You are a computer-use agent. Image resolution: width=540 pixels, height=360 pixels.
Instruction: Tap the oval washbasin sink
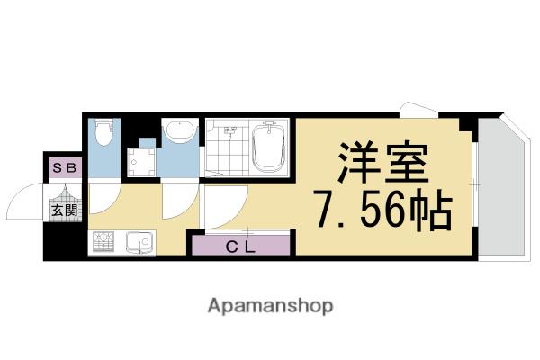click(x=180, y=130)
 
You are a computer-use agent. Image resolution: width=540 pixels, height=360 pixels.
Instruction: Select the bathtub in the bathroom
click(x=269, y=147)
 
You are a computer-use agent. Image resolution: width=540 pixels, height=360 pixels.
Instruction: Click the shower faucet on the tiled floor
click(x=230, y=131)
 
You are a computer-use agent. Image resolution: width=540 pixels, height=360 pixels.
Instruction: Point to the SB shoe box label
click(x=65, y=167)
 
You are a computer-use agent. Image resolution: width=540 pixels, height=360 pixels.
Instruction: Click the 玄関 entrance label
click(x=65, y=210)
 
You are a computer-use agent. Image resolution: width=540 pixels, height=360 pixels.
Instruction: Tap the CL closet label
click(x=240, y=247)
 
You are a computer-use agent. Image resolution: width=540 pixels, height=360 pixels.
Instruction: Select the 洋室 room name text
click(x=383, y=162)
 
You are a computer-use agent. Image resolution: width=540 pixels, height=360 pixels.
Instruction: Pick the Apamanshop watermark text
click(x=270, y=306)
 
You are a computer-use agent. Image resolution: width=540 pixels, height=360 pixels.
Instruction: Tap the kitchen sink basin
click(x=139, y=242)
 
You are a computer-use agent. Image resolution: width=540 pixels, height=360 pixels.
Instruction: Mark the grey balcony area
click(x=502, y=188)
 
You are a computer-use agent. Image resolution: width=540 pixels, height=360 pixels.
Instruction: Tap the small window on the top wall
click(x=418, y=110)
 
